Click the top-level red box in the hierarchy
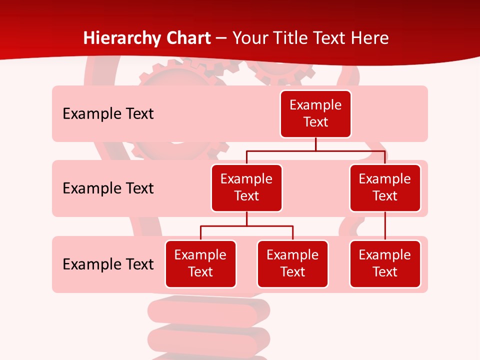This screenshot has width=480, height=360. pyautogui.click(x=315, y=113)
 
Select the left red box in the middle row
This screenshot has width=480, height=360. pyautogui.click(x=246, y=187)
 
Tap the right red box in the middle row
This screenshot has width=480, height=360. pyautogui.click(x=385, y=187)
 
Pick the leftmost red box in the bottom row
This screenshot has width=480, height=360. pyautogui.click(x=200, y=263)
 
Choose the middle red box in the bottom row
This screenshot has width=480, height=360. pyautogui.click(x=292, y=263)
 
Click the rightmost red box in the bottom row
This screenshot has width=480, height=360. pyautogui.click(x=385, y=263)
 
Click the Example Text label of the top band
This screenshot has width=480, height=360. pyautogui.click(x=108, y=113)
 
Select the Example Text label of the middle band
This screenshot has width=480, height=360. pyautogui.click(x=108, y=188)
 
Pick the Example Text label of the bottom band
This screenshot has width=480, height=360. pyautogui.click(x=108, y=264)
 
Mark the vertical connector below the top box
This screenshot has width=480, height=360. pyautogui.click(x=315, y=144)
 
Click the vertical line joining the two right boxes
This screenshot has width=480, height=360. pyautogui.click(x=385, y=226)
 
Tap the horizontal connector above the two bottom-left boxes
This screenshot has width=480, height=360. pyautogui.click(x=246, y=226)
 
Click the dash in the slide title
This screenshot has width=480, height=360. pyautogui.click(x=221, y=38)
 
